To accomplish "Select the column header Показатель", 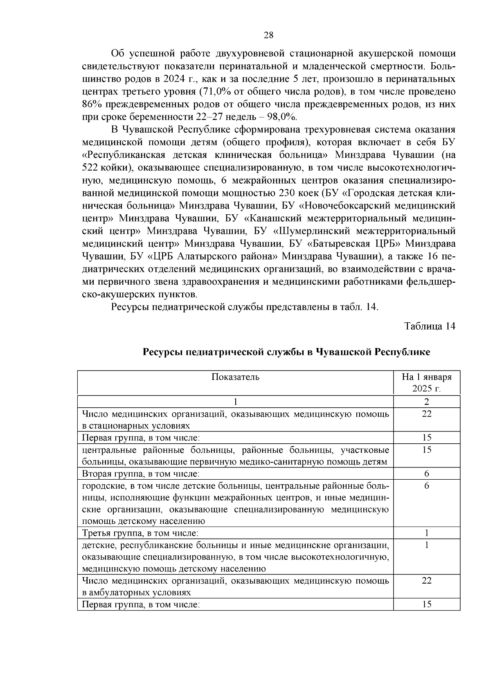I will coord(235,377).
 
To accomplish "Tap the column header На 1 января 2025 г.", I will coord(426,382).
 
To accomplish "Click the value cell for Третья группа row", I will coord(426,533).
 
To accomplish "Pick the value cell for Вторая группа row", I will coord(426,474).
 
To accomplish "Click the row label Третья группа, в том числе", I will coord(140,533).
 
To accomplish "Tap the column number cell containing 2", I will coord(426,401).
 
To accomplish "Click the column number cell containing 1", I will coord(235,401).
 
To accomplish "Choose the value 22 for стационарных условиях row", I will coord(426,414).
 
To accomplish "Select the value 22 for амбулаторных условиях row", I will coord(426,581).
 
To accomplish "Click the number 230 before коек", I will coord(288,193).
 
